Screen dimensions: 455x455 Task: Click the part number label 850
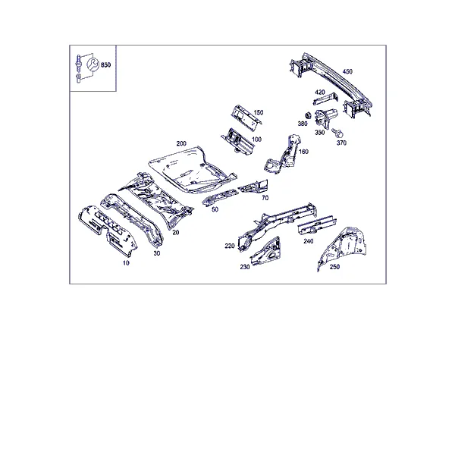click(105, 64)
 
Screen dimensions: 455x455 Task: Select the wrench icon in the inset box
click(93, 64)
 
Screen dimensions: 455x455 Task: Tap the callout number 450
click(347, 71)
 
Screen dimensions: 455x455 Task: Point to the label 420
click(320, 93)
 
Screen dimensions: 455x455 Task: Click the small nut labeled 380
click(309, 115)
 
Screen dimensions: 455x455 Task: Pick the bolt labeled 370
click(337, 133)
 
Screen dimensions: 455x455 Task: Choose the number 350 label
click(320, 132)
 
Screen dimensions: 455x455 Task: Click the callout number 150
click(259, 112)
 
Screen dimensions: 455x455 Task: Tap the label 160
click(303, 152)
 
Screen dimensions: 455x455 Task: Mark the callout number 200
click(181, 143)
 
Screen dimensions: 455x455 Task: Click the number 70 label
click(265, 198)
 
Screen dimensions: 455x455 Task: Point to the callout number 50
click(215, 209)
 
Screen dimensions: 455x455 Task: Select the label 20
click(176, 232)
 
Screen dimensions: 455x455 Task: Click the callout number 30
click(157, 253)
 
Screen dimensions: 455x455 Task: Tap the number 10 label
click(126, 263)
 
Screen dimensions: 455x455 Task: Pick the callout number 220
click(230, 246)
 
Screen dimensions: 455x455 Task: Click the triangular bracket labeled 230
click(265, 251)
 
